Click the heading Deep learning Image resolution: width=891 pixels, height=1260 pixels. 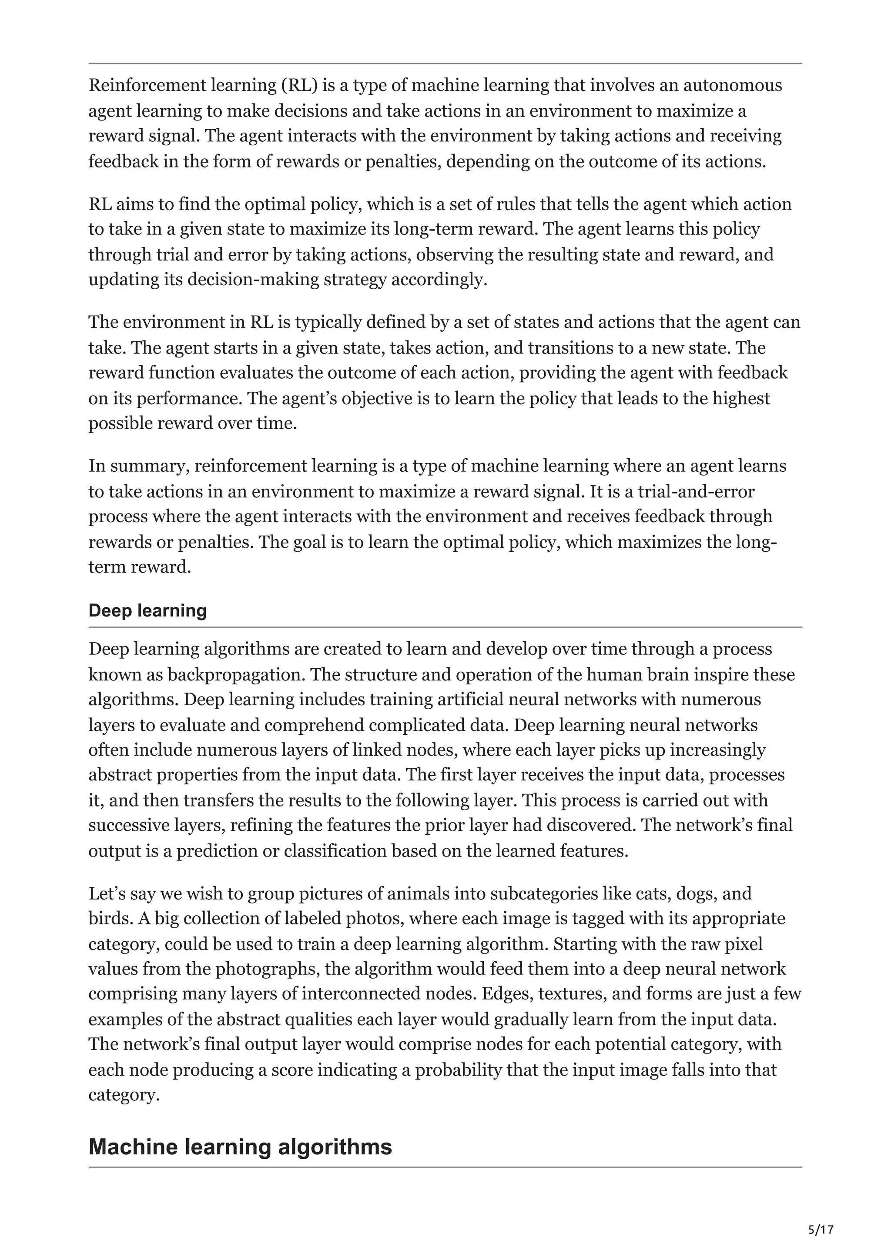(147, 611)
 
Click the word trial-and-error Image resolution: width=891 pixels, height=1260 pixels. (696, 491)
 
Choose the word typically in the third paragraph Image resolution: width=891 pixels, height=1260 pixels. (328, 322)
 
